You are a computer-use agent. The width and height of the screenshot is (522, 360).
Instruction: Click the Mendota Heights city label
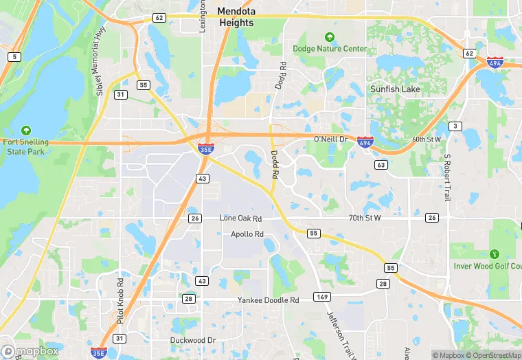[x=236, y=16]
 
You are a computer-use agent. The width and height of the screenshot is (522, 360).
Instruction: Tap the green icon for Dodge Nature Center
[x=330, y=37]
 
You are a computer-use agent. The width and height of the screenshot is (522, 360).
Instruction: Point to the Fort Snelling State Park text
[x=26, y=146]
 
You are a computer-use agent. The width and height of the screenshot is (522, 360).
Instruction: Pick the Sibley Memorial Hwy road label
[x=97, y=62]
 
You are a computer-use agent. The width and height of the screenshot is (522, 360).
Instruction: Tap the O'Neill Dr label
[x=331, y=139]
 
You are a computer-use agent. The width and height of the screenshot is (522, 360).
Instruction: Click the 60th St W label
[x=427, y=139]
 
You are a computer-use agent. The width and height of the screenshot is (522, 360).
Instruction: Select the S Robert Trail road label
[x=446, y=177]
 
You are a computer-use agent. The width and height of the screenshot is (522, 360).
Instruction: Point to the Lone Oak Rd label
[x=240, y=218]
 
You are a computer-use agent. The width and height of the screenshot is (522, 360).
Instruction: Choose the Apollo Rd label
[x=247, y=234]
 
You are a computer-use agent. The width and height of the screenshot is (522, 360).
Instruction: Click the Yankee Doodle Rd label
[x=268, y=300]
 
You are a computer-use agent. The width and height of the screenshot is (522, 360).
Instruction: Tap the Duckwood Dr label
[x=193, y=340]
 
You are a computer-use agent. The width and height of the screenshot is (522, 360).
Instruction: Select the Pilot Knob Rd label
[x=120, y=300]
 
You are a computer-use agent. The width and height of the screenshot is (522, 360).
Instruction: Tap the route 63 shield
[x=381, y=165]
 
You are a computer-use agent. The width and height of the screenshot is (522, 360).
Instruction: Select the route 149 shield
[x=321, y=297]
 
